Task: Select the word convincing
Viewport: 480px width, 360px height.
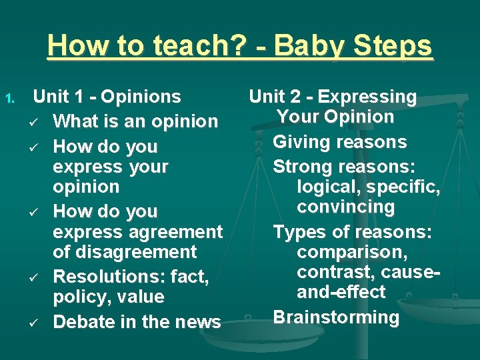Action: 345,207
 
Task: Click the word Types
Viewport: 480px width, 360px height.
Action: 297,232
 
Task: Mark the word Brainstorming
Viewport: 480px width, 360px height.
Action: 336,317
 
